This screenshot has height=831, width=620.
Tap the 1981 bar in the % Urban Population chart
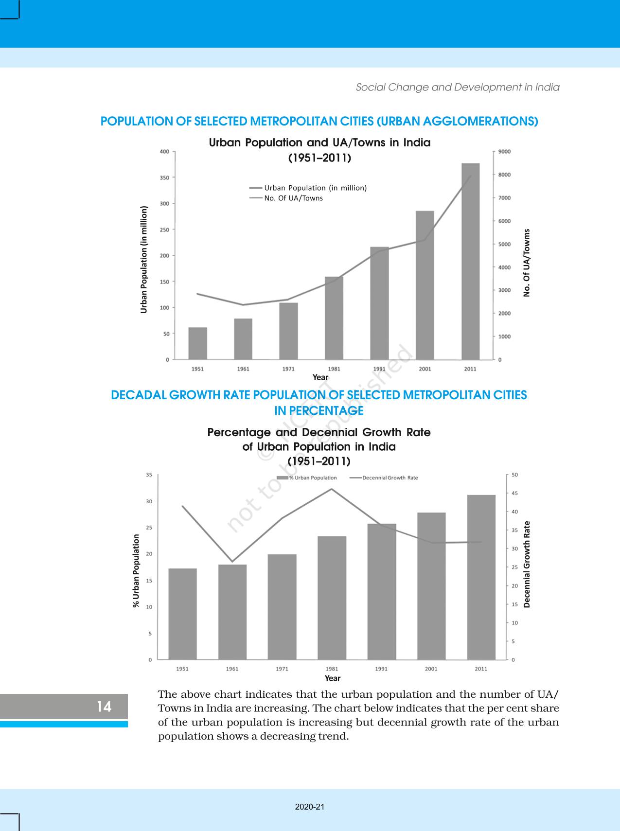coord(332,598)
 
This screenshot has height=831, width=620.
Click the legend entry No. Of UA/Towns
coord(293,198)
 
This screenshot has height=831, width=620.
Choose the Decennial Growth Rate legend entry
coord(390,477)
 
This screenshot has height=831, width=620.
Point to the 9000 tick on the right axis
coord(505,152)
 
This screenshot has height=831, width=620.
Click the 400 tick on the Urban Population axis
coord(164,152)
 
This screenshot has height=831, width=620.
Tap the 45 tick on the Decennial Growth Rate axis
coord(514,493)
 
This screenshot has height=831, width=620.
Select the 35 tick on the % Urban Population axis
coord(149,475)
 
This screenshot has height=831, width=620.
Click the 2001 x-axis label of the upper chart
coord(425,369)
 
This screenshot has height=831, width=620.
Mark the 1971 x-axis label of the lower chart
coord(282,669)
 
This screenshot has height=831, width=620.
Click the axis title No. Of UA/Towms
coord(527,263)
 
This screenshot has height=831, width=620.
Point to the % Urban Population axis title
coord(136,570)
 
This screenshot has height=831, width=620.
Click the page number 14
coord(104,707)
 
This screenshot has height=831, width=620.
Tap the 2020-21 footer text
coord(310,807)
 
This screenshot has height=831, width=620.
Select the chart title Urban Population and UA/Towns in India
coord(319,143)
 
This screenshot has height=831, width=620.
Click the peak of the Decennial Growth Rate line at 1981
coord(332,489)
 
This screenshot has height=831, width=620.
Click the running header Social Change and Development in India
coord(458,88)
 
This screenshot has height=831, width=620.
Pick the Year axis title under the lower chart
coord(333,678)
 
